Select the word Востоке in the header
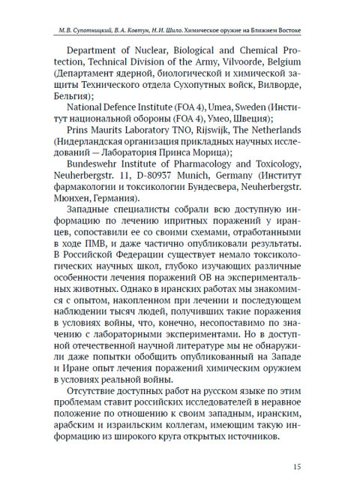pos(286,31)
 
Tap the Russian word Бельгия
pos(79,98)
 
